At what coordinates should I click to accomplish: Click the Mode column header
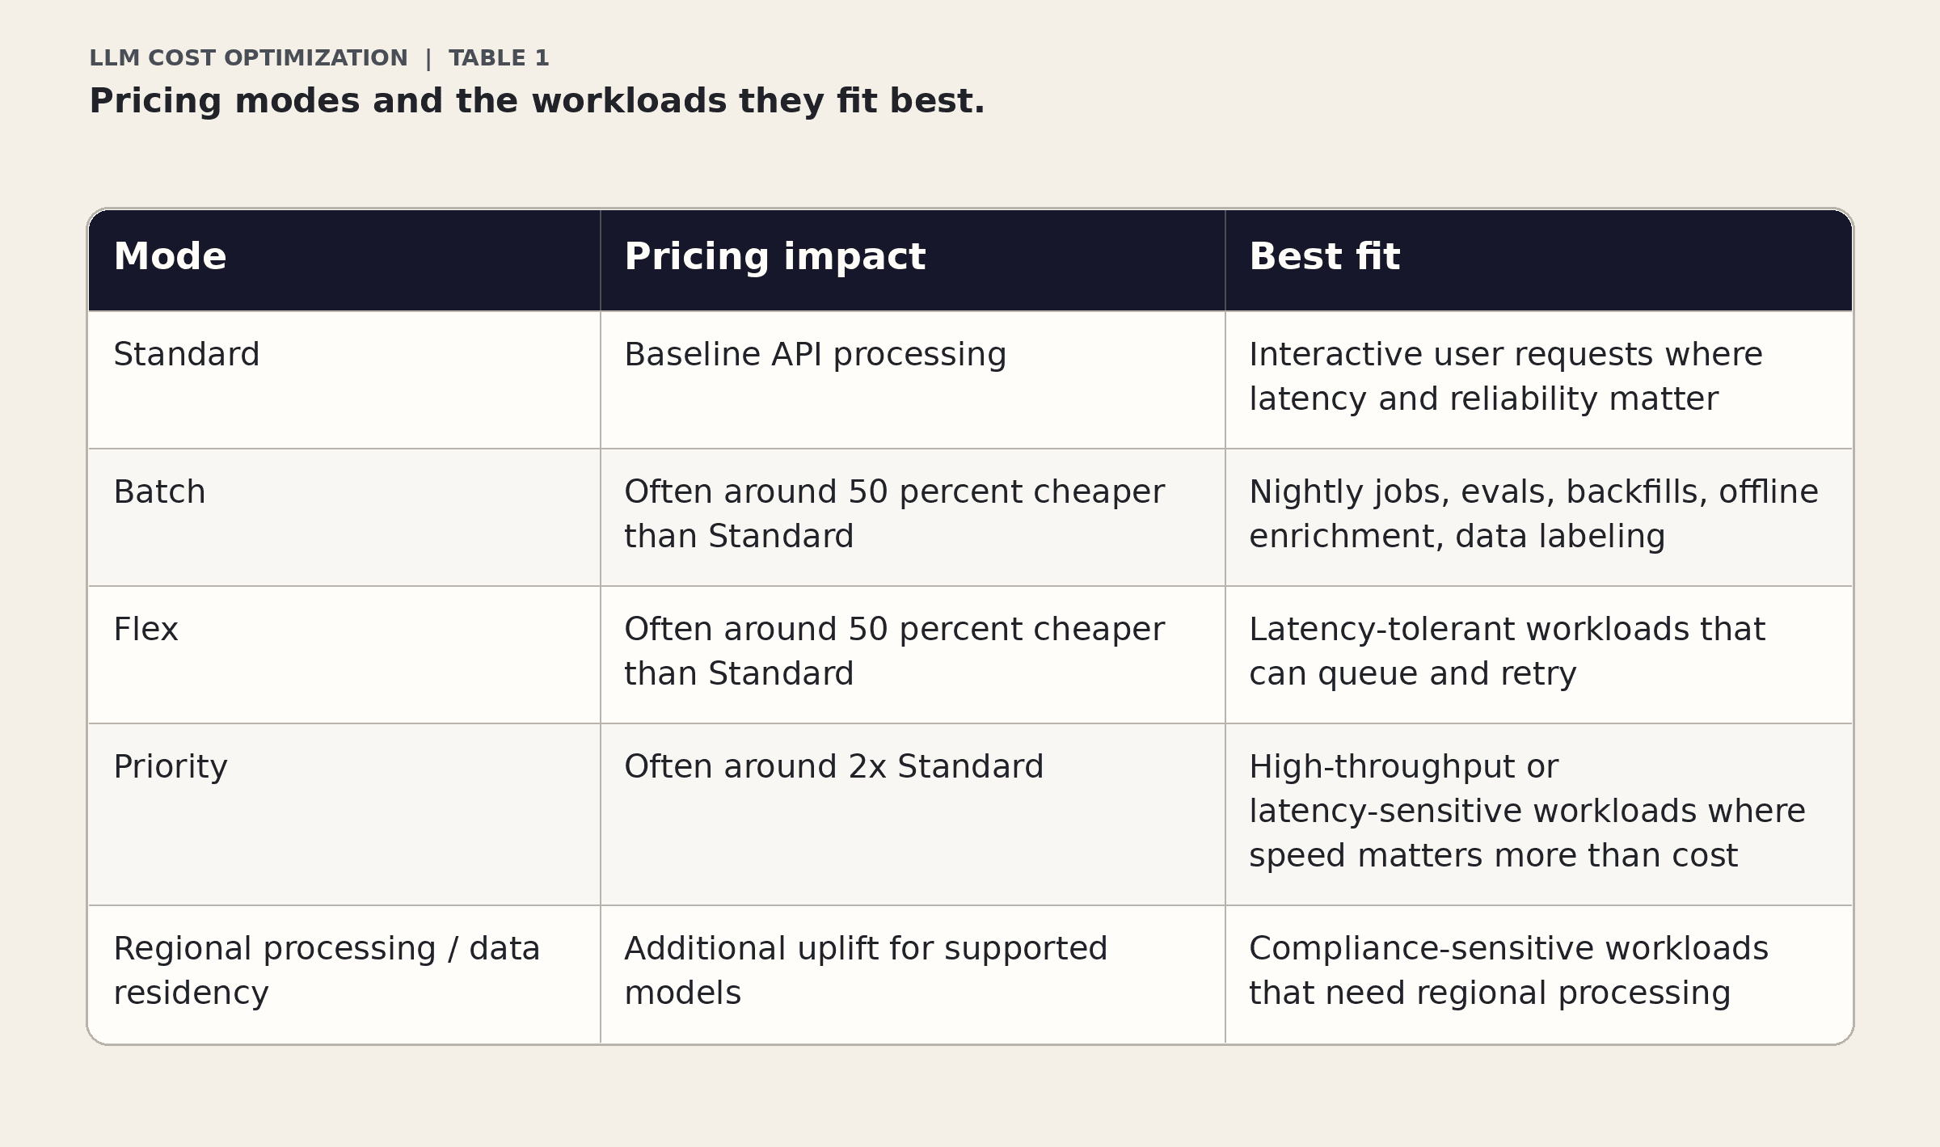pos(170,257)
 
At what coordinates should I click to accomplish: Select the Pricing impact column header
pos(774,257)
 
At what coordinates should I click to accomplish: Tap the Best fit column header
pos(1324,257)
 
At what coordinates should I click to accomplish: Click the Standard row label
pos(187,355)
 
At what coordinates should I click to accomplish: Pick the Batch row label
pos(159,492)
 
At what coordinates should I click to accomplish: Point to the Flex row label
pos(145,630)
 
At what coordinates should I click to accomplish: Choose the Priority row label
pos(171,767)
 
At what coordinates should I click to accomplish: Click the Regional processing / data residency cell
pos(326,971)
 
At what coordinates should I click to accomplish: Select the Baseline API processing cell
pos(815,355)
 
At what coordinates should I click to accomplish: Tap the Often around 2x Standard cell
pos(833,767)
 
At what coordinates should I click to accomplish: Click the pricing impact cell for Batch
pos(893,514)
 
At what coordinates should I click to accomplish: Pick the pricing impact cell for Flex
pos(893,652)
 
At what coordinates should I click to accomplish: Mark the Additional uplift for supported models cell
pos(865,971)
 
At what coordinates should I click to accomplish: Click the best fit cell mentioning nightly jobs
pos(1533,514)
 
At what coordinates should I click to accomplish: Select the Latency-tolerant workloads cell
pos(1507,652)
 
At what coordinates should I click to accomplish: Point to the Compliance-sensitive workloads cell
pos(1508,971)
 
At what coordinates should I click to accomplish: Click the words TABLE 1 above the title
pos(499,58)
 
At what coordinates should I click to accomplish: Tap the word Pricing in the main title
pos(155,102)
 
